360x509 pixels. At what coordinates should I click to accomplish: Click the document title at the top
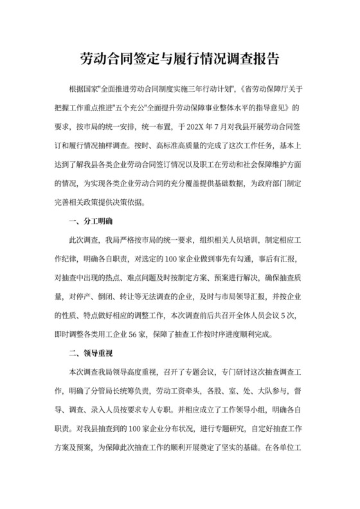click(179, 57)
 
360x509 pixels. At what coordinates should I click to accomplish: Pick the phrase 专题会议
click(195, 372)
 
